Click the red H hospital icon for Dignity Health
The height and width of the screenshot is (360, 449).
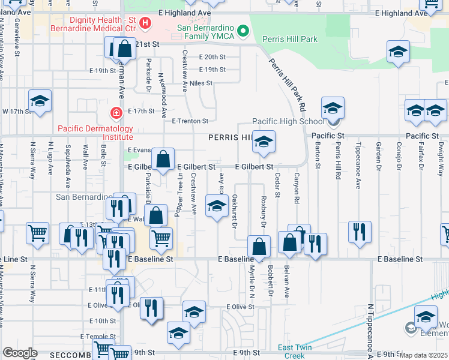[145, 24]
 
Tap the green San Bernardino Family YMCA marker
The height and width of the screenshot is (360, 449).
[243, 30]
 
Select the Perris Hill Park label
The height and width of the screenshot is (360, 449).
[294, 40]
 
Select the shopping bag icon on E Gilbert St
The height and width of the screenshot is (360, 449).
[163, 159]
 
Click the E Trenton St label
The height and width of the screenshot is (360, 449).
[190, 121]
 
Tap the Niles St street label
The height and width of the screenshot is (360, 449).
[200, 83]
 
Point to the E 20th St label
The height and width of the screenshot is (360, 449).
[212, 57]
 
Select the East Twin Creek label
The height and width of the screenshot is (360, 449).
[296, 351]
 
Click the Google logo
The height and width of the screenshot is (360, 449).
[20, 353]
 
